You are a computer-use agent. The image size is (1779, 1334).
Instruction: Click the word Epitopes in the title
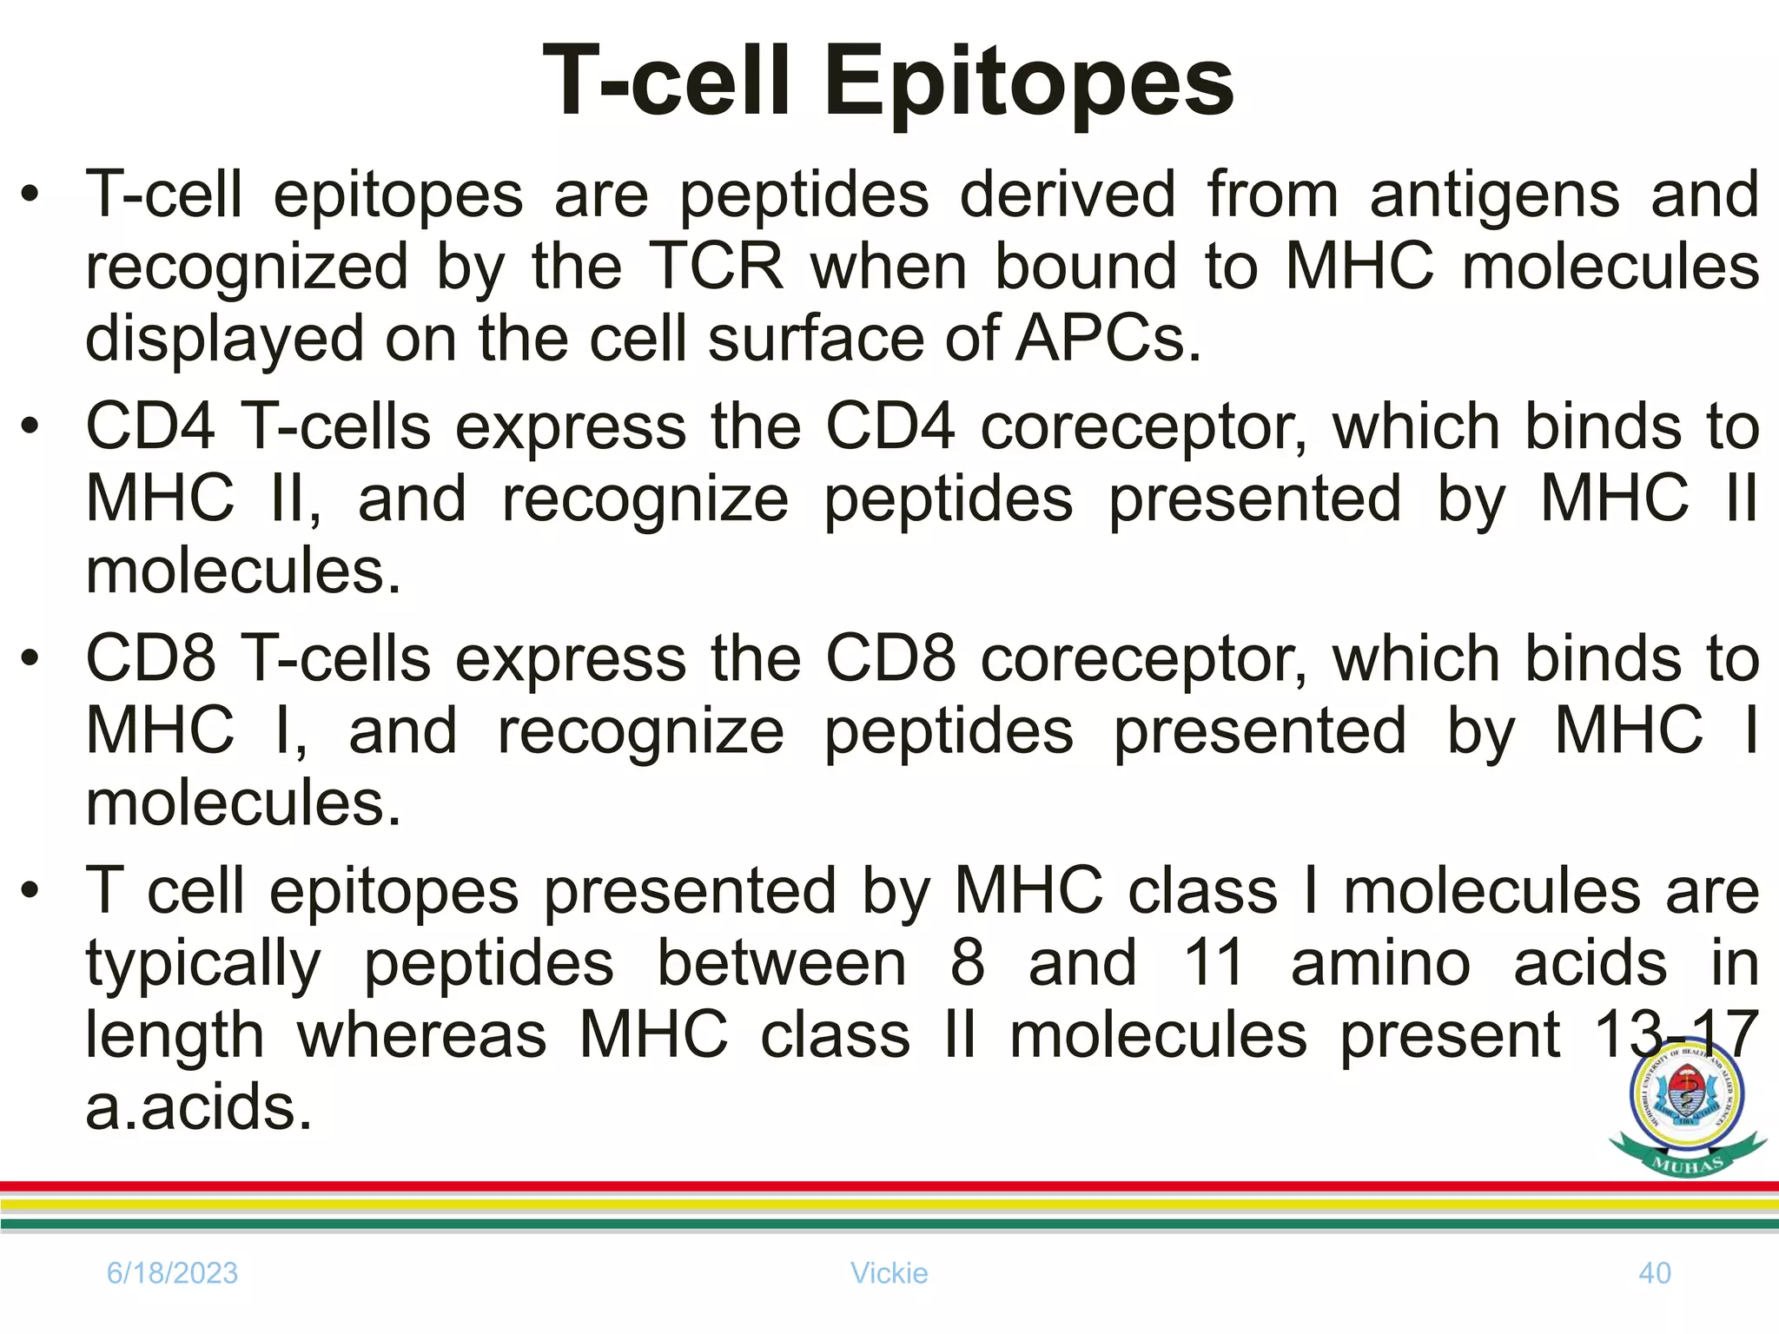tap(1028, 83)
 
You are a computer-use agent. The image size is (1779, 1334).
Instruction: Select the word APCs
tap(1108, 339)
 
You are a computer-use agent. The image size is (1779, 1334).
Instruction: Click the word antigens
tap(1494, 195)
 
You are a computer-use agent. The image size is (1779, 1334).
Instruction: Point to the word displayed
tap(224, 339)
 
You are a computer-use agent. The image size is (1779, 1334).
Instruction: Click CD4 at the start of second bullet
tap(149, 426)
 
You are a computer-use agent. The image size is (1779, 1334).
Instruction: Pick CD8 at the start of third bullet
tap(149, 658)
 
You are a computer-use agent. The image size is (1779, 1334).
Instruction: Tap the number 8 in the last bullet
tap(967, 963)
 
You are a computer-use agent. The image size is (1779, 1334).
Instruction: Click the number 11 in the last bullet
tap(1214, 963)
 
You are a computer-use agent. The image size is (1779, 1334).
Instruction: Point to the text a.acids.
tap(198, 1108)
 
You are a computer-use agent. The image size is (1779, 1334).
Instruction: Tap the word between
tap(781, 963)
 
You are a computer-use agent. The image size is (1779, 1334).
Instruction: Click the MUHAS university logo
tap(1687, 1112)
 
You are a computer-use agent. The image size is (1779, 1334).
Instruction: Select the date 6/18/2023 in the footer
tap(172, 1273)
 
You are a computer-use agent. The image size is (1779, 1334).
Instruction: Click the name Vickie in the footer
tap(889, 1273)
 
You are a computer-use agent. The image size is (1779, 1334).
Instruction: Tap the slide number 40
tap(1654, 1273)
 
